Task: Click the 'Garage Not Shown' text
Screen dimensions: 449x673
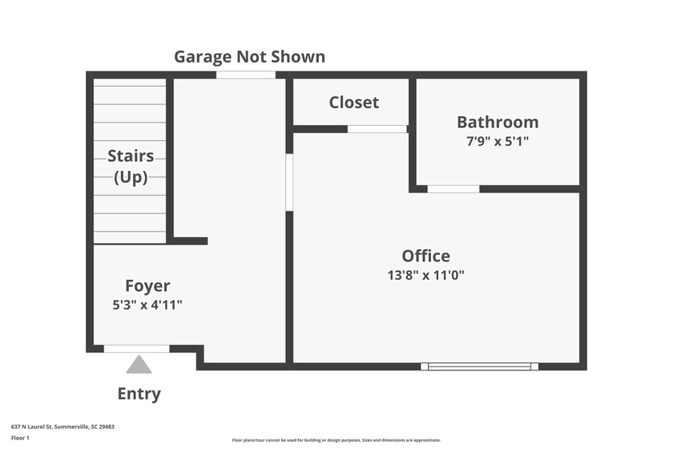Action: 250,56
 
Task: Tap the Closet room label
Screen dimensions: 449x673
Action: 353,103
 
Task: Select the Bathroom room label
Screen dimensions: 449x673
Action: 498,123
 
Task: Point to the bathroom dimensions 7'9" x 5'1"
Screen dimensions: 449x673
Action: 498,141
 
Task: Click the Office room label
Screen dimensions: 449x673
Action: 425,256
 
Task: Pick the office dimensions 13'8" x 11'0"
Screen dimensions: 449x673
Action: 425,274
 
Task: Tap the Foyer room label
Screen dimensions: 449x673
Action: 147,285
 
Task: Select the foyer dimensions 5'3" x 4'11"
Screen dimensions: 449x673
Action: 147,304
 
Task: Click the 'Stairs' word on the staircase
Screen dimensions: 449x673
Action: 131,156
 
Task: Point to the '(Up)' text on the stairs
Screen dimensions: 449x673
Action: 131,177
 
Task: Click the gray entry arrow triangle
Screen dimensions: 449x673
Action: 139,366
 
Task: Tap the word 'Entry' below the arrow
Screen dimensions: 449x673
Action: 139,394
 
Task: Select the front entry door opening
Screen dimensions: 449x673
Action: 136,348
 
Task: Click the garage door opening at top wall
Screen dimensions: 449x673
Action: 245,75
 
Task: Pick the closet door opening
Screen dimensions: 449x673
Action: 377,128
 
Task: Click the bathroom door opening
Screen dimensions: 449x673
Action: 453,189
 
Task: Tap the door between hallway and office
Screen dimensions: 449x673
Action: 289,182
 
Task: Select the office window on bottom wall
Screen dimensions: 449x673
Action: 479,366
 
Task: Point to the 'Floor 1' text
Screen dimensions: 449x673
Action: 20,438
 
